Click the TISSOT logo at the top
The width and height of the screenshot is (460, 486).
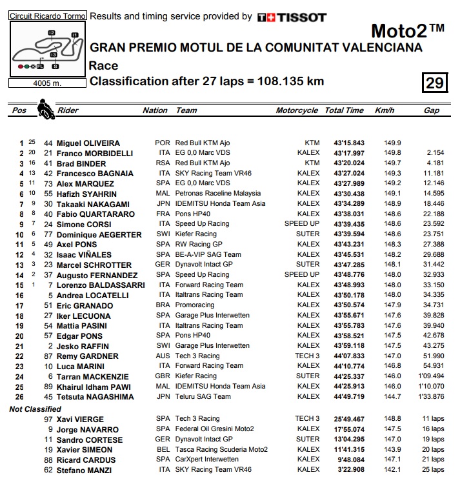click(292, 17)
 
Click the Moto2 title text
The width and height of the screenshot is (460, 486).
click(408, 31)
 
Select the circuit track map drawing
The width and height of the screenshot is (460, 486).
click(46, 49)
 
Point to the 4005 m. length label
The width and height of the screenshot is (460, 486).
click(46, 83)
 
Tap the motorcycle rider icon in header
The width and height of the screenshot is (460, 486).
click(44, 108)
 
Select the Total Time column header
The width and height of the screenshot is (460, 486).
click(344, 110)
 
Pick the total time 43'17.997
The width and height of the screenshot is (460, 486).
click(348, 154)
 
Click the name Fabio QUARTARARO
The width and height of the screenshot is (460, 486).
click(95, 214)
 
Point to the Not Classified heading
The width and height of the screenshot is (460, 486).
click(35, 409)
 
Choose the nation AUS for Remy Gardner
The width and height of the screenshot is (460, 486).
click(163, 356)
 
